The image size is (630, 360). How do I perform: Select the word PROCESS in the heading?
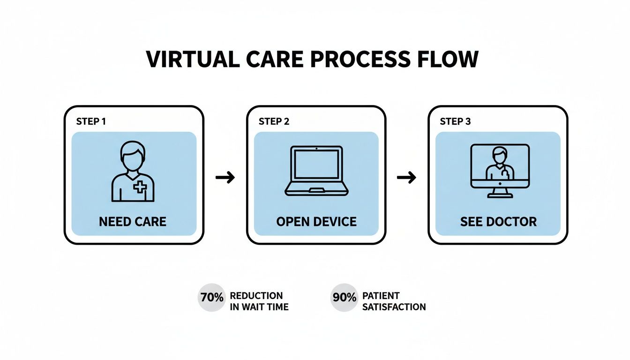(x=360, y=60)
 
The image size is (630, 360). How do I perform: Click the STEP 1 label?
(x=90, y=122)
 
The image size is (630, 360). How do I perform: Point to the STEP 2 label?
(x=274, y=122)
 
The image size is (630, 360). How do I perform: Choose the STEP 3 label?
(x=455, y=122)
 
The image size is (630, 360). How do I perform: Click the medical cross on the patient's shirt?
(x=140, y=187)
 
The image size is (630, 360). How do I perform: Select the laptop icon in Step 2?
(x=316, y=171)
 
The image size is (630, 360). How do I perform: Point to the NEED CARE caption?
(x=133, y=221)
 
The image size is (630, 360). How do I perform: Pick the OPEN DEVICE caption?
(x=316, y=221)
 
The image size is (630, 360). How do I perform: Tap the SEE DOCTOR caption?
(x=498, y=221)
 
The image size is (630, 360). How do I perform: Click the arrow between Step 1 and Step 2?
(x=225, y=178)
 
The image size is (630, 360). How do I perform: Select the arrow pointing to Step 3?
(x=406, y=178)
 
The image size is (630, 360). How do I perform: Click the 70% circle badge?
(x=211, y=297)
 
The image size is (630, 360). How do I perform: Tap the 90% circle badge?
(x=344, y=297)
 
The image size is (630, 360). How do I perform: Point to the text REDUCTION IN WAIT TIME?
(x=259, y=301)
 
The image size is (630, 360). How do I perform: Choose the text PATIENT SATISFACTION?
(x=394, y=301)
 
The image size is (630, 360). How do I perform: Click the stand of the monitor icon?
(x=500, y=192)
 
